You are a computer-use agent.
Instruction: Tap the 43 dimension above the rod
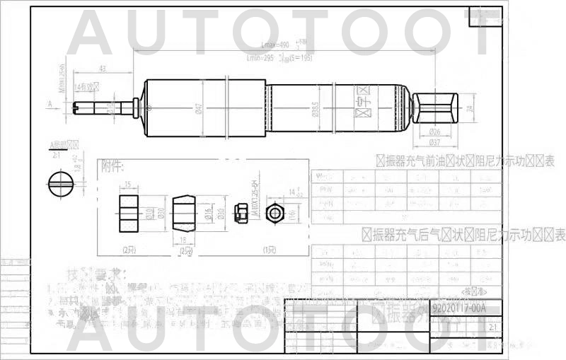pos(103,69)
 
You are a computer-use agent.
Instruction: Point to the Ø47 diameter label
pos(200,108)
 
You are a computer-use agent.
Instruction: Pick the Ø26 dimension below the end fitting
pos(435,132)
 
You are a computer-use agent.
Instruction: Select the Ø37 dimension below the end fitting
pos(435,142)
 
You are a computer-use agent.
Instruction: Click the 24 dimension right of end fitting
pos(469,108)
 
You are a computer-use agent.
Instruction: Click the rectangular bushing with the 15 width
pos(128,214)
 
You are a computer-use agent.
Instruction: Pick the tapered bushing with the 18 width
pos(185,214)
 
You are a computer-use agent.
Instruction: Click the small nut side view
pos(241,212)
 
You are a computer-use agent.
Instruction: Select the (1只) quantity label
pos(269,250)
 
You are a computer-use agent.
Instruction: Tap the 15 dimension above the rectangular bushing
pos(128,185)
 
